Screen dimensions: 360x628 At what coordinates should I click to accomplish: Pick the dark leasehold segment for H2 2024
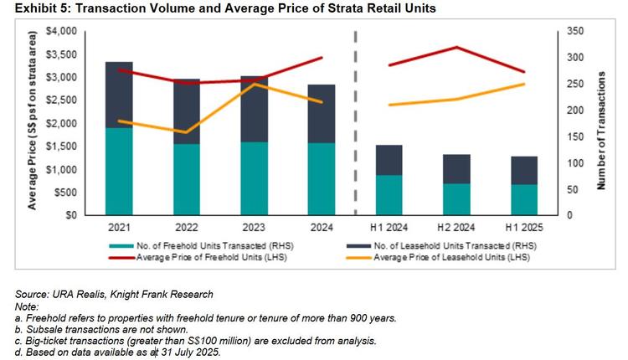pyautogui.click(x=456, y=168)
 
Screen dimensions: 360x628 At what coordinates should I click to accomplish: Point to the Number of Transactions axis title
pyautogui.click(x=601, y=123)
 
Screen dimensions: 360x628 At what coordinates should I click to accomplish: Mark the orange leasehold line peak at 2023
pyautogui.click(x=254, y=84)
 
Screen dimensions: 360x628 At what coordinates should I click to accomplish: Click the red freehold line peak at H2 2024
pyautogui.click(x=456, y=47)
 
